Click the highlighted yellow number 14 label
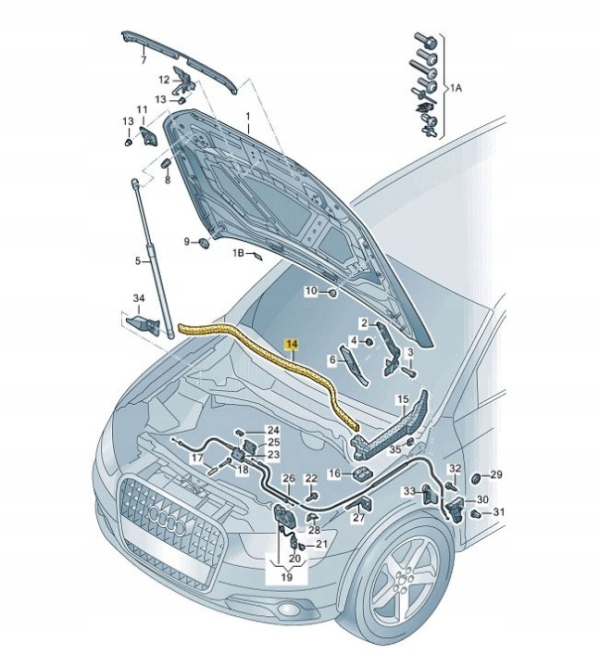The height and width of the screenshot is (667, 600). pyautogui.click(x=292, y=345)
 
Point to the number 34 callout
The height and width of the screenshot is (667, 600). pyautogui.click(x=139, y=297)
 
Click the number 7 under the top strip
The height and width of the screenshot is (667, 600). pyautogui.click(x=144, y=60)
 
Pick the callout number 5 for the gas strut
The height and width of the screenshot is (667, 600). pyautogui.click(x=136, y=261)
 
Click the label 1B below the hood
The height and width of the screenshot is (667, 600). pyautogui.click(x=239, y=252)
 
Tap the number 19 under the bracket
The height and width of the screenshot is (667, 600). pyautogui.click(x=285, y=577)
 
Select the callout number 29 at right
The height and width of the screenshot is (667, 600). pyautogui.click(x=496, y=475)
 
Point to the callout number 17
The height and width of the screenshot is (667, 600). pyautogui.click(x=197, y=458)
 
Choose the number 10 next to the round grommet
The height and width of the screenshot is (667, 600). pyautogui.click(x=312, y=291)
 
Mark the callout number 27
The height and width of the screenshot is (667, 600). pyautogui.click(x=358, y=518)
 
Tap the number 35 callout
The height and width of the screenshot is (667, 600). pyautogui.click(x=395, y=448)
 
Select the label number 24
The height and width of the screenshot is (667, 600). pyautogui.click(x=273, y=431)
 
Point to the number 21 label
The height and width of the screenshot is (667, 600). pyautogui.click(x=321, y=544)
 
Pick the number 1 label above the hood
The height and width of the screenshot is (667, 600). pyautogui.click(x=248, y=118)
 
